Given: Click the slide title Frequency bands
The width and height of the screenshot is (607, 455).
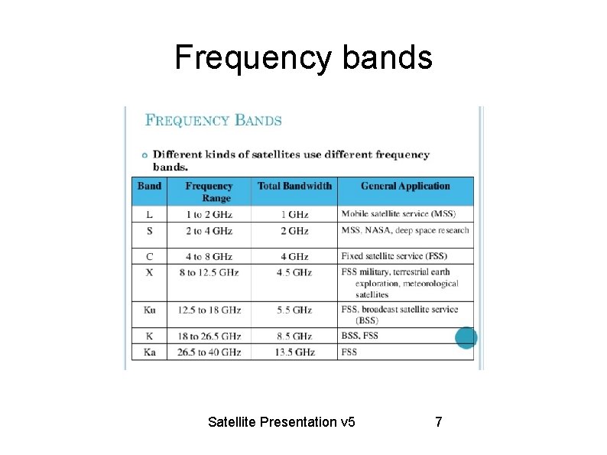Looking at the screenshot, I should point(303,57).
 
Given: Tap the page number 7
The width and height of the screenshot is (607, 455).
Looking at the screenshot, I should point(438,421).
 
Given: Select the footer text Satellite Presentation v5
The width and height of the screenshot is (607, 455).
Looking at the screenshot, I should point(281,421).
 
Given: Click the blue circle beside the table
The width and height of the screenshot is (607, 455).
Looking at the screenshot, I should point(466,337).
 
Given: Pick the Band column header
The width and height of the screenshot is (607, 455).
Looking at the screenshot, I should point(149,186).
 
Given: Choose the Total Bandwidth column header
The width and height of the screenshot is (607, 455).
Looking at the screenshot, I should point(294,186).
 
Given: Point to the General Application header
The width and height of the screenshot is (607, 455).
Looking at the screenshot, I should point(405,186).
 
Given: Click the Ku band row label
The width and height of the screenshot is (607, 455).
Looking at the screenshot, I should point(149,310).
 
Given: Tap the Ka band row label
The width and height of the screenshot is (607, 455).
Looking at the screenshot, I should point(149,352).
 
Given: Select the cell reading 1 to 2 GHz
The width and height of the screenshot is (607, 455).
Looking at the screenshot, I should point(209,214).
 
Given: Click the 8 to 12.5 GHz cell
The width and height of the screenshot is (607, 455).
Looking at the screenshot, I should point(209,272).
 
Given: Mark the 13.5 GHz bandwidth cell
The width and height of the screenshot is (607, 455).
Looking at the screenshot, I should point(294,352).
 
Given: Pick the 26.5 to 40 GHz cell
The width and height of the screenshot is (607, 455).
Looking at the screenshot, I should point(209,352).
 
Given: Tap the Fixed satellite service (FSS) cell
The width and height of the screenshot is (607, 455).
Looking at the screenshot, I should point(394,256).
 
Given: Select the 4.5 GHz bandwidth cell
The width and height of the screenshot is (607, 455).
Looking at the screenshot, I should point(294,272).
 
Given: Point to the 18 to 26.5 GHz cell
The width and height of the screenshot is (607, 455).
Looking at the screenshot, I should point(209,336).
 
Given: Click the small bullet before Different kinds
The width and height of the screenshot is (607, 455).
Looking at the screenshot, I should point(144,155).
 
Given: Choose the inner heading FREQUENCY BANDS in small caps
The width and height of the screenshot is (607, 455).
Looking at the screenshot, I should point(213,120).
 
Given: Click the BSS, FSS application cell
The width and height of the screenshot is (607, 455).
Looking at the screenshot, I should point(359,336).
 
